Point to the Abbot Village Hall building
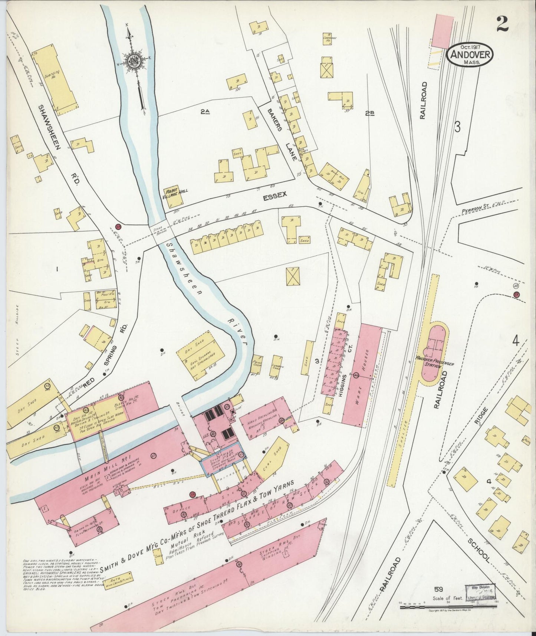point(174,196)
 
